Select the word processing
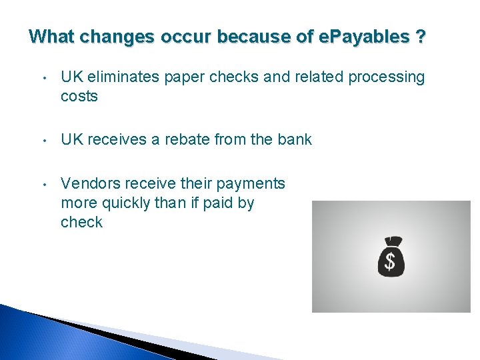point(388,77)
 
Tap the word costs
point(79,97)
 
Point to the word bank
point(294,140)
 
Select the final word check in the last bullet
point(81,222)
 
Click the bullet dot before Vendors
point(43,184)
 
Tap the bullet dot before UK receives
point(43,141)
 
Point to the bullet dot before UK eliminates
point(43,78)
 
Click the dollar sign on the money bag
point(391,262)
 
